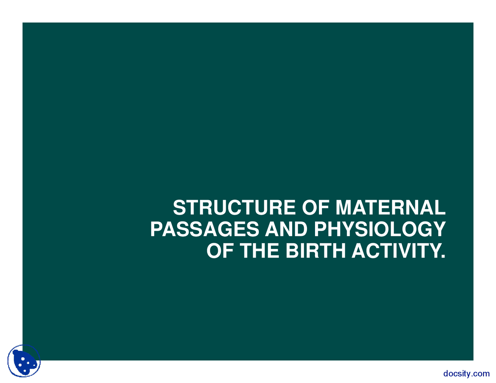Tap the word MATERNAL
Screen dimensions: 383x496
click(x=390, y=208)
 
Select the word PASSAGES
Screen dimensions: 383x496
click(x=204, y=230)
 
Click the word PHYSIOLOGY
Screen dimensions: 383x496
click(x=379, y=230)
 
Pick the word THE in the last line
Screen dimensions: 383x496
click(x=260, y=251)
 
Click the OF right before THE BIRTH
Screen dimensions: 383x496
click(x=220, y=251)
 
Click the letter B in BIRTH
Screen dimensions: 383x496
click(x=292, y=251)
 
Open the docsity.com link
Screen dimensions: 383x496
click(x=466, y=374)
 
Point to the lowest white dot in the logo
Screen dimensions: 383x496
click(x=25, y=371)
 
